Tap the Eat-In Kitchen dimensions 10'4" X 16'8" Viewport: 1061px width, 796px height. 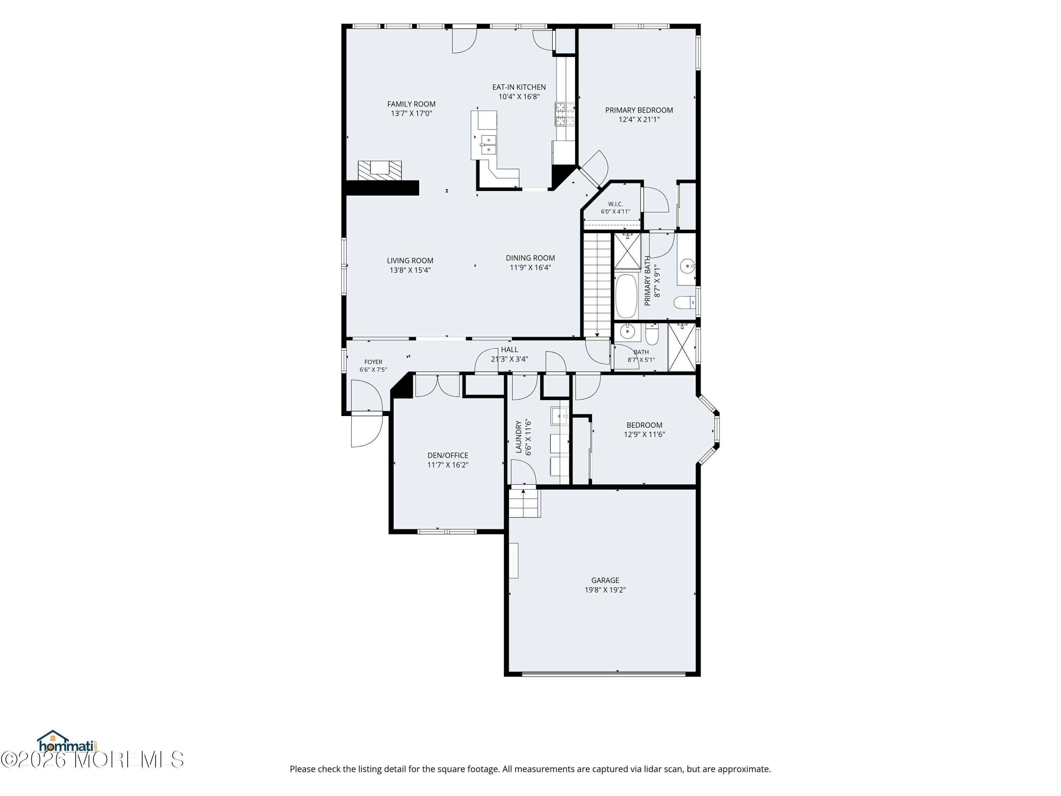click(519, 97)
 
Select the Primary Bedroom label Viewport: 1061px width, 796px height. click(639, 110)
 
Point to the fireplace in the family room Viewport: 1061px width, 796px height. click(379, 170)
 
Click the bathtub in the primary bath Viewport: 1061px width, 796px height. click(626, 296)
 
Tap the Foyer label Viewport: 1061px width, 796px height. click(373, 362)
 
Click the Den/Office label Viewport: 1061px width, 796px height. click(447, 456)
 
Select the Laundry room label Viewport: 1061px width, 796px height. click(518, 437)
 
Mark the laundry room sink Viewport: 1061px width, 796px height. click(559, 416)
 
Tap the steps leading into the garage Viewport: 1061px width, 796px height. click(525, 503)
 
